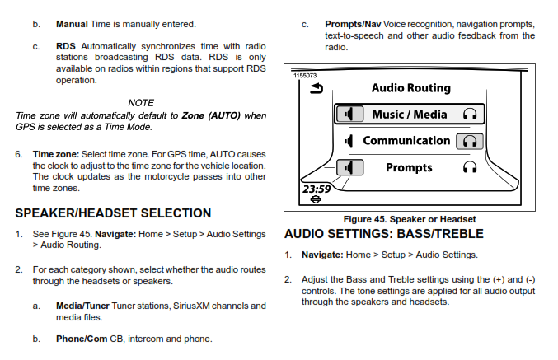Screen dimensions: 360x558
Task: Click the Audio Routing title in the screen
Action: point(410,87)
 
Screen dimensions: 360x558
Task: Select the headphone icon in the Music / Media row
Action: point(471,114)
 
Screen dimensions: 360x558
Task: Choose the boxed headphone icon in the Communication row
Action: point(470,141)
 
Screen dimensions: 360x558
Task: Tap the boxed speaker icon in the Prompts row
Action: point(350,167)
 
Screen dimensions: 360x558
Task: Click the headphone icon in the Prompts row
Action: point(471,167)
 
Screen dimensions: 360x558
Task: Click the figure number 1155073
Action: point(306,76)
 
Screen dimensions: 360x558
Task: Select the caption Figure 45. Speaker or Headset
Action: point(409,219)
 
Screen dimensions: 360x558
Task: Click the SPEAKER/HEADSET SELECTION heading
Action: point(113,213)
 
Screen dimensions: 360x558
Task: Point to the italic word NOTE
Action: point(141,102)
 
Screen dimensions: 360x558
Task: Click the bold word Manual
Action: point(73,26)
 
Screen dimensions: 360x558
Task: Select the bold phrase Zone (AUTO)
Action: point(211,115)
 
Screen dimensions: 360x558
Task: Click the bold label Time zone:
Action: point(56,154)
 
